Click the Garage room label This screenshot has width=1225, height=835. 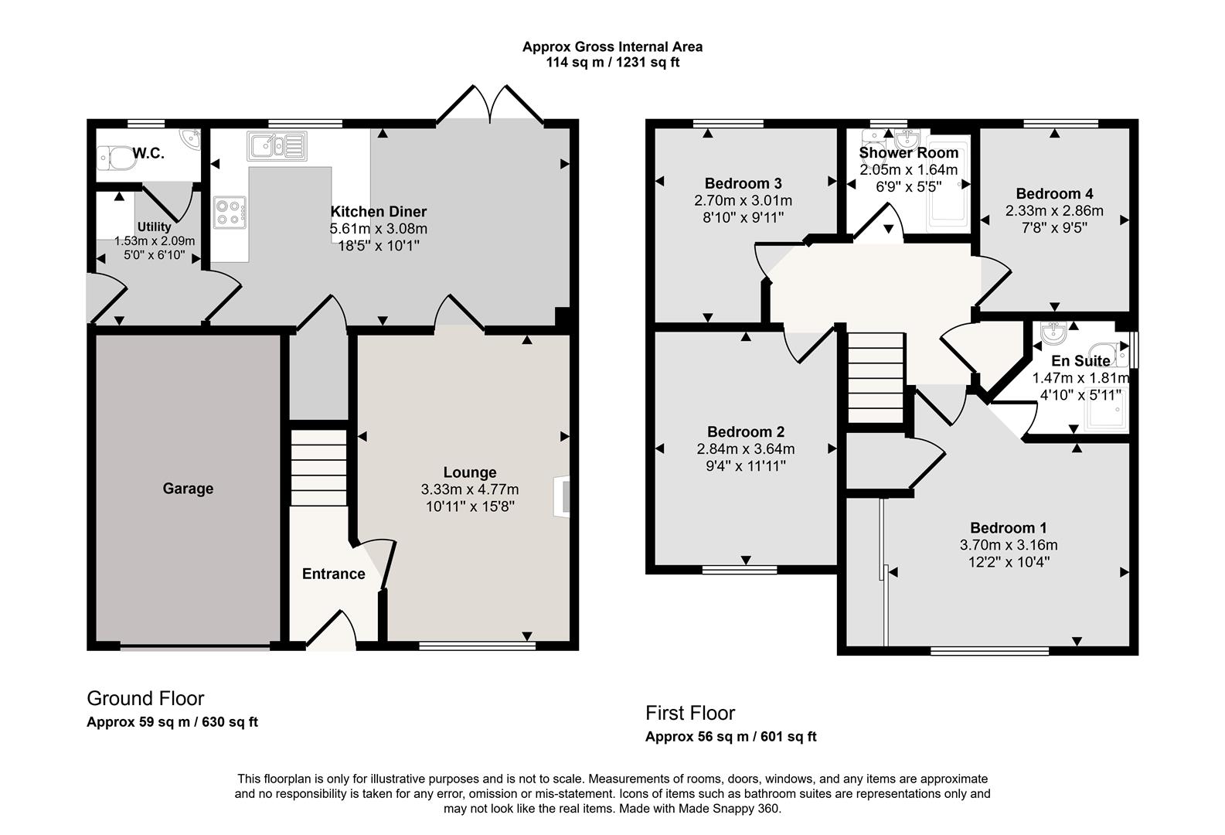[x=188, y=489]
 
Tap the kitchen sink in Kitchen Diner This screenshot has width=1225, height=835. [x=277, y=145]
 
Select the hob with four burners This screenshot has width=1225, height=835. [x=230, y=213]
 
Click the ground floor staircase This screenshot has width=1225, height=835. [x=318, y=467]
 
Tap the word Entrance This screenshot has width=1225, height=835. [x=333, y=574]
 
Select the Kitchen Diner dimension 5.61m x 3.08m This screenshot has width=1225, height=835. [x=378, y=229]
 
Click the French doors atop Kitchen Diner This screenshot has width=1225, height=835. [x=489, y=104]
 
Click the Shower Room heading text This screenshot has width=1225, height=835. [x=908, y=153]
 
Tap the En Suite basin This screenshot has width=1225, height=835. [x=1054, y=333]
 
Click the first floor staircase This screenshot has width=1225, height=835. [x=876, y=377]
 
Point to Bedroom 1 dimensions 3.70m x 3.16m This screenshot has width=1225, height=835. [x=1008, y=545]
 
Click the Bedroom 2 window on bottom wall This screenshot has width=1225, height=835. [x=740, y=570]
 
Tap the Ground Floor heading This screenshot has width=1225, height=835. [x=145, y=698]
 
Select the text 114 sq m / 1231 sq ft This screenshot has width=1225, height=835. [x=612, y=63]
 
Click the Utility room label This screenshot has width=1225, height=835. [x=154, y=227]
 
